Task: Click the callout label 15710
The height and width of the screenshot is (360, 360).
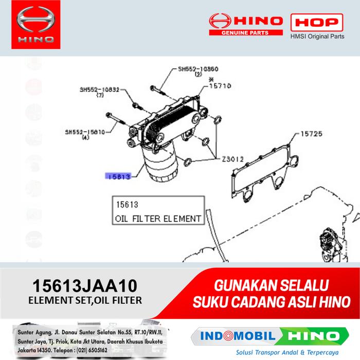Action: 220,86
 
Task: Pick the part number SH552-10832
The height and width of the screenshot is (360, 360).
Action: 99,89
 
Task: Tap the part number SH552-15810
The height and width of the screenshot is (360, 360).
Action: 85,132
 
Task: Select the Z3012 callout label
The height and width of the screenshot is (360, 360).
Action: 232,159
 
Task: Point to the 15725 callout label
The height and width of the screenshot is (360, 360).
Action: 311,134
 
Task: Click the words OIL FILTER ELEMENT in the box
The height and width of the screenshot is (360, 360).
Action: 158,219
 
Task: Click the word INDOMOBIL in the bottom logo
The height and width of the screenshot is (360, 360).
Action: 233,336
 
